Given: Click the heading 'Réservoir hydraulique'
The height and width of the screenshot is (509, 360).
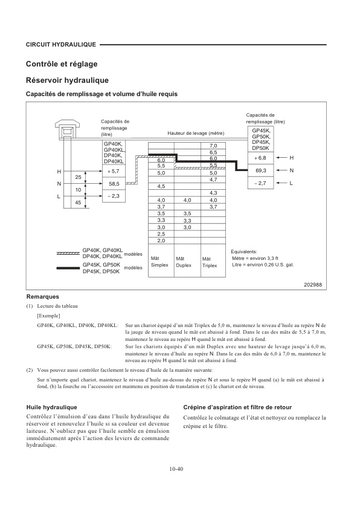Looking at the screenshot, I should (67, 80).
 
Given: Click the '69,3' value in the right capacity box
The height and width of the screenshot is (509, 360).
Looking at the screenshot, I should (261, 170).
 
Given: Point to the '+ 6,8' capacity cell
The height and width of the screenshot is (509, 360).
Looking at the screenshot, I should (261, 157).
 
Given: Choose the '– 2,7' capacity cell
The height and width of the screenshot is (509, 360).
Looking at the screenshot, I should (261, 183).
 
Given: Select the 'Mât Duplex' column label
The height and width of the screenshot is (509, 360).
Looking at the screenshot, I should (184, 262).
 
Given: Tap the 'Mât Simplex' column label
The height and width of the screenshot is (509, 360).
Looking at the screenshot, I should (159, 262).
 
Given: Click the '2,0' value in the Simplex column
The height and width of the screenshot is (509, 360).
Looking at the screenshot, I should (161, 241).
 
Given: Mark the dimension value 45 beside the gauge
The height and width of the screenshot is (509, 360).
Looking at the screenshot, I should (78, 203).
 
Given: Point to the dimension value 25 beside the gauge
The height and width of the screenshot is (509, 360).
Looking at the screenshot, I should (78, 177).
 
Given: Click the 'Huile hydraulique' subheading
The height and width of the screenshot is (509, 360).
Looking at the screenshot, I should (51, 407).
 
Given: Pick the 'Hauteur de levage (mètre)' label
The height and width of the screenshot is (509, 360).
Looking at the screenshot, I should (196, 133).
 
